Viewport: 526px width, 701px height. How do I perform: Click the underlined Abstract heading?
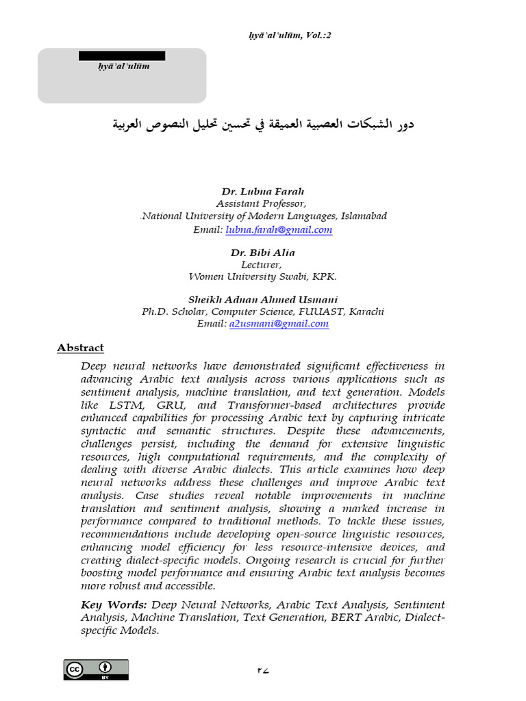tap(80, 348)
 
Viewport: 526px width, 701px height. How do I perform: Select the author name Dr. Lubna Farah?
tap(262, 192)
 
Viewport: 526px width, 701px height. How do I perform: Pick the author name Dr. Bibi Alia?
tap(262, 253)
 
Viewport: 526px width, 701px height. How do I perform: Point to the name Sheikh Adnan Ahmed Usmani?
tap(262, 299)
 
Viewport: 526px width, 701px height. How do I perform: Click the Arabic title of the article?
tap(263, 125)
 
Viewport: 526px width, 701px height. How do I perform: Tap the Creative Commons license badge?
tap(96, 670)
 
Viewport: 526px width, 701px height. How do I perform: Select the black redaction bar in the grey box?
tap(122, 55)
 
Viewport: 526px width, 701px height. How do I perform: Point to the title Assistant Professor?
tap(262, 204)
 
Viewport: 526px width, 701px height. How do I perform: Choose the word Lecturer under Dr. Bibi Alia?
tap(262, 265)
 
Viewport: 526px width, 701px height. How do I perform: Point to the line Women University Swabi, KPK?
tap(262, 277)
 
